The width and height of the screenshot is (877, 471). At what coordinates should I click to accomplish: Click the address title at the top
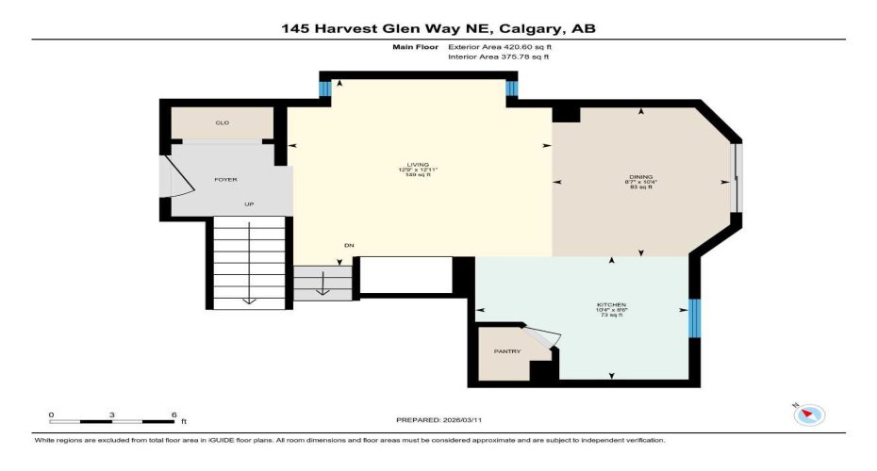pos(438,28)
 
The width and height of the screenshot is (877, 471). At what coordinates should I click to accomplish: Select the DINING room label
pos(640,176)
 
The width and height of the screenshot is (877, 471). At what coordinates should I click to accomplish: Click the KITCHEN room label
pos(611,305)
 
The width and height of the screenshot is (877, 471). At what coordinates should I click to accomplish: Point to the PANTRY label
pos(507,351)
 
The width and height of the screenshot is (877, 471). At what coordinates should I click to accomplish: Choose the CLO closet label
pos(223,123)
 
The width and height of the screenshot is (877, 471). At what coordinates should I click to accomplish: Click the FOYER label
pos(225,179)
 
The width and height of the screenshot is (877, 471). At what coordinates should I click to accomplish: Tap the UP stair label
pos(249,203)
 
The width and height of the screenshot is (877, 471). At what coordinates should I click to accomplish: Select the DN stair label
pos(349,246)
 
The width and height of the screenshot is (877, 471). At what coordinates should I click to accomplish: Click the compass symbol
pos(810,414)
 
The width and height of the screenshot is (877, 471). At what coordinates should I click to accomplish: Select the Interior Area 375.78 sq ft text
pos(498,57)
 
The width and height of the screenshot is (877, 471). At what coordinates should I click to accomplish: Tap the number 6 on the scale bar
pos(174,414)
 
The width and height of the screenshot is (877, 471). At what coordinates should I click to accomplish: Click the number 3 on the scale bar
pos(112,414)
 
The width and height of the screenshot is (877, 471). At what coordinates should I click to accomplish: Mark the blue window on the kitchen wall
pos(695,317)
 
